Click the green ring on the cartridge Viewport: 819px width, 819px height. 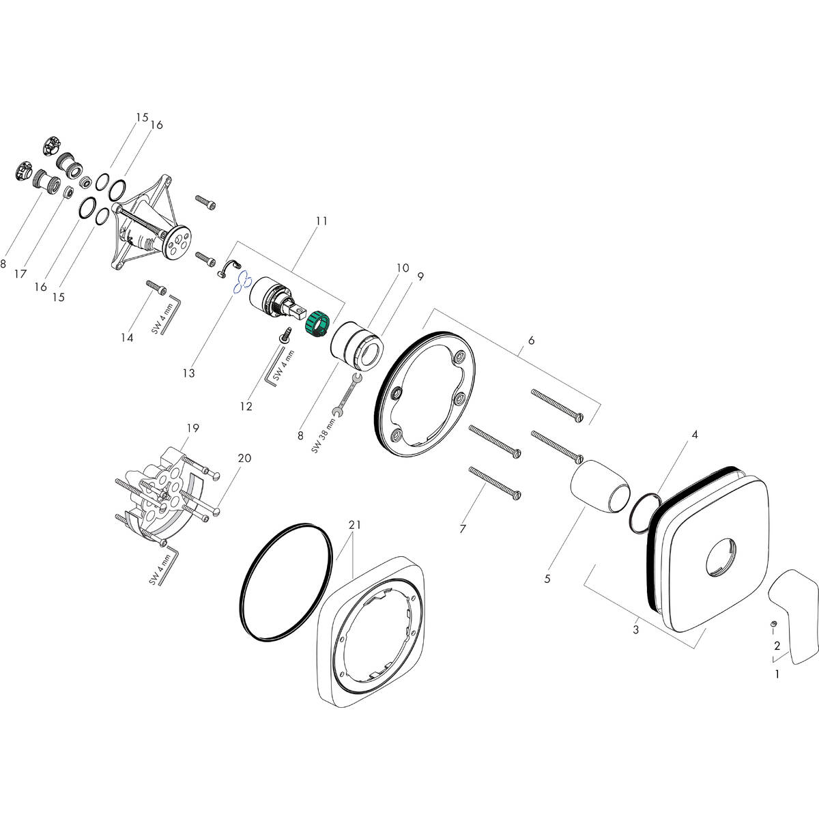pos(318,322)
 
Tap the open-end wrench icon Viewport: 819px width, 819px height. pos(346,396)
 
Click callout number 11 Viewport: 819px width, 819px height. pos(321,221)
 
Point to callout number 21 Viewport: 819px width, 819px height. pos(354,525)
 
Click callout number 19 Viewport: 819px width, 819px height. pos(192,428)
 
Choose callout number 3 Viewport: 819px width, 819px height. pos(635,629)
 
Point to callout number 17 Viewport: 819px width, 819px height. pos(20,274)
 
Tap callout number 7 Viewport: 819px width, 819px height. pos(463,529)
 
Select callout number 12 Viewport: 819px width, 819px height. pos(246,407)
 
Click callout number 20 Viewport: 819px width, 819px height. pos(244,458)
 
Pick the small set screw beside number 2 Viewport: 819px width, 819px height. pos(773,624)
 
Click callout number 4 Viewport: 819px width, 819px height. pos(693,434)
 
